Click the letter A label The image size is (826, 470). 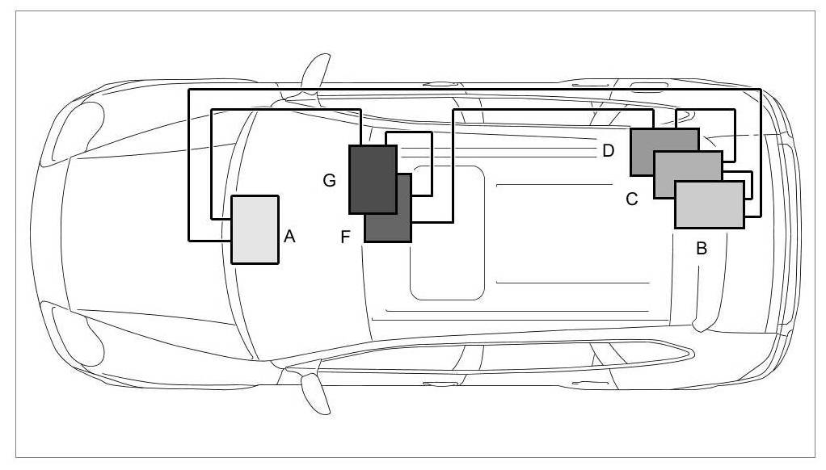[290, 236]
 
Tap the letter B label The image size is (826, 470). [702, 248]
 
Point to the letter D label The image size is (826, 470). [608, 150]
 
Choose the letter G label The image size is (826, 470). [329, 180]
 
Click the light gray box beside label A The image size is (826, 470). [255, 229]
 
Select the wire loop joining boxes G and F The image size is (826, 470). [432, 162]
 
